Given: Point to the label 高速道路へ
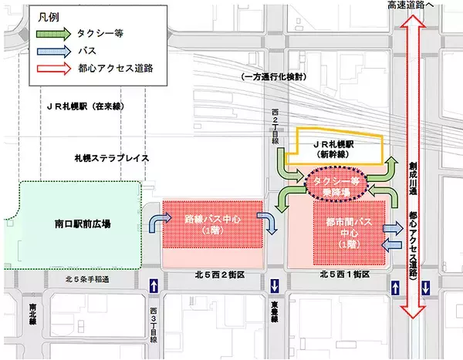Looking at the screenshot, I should click(x=417, y=7).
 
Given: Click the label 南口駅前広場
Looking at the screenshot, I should click(x=76, y=224).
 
